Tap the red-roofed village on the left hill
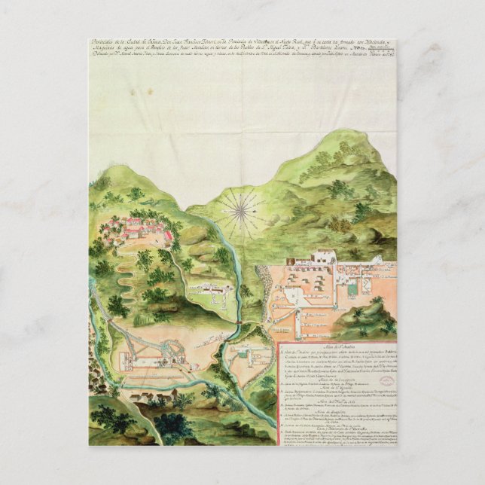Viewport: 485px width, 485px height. click(x=136, y=227)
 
